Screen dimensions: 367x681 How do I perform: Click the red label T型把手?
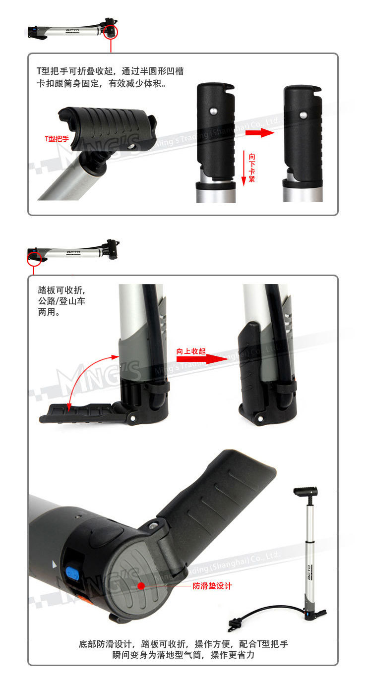pos(57,139)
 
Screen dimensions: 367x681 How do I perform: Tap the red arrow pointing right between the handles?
pos(259,132)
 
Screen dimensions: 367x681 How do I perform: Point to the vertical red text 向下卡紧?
pos(251,168)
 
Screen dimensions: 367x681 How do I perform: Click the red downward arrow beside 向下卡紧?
pos(244,168)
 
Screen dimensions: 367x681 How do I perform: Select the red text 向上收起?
pos(191,351)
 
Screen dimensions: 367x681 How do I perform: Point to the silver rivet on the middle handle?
pos(214,112)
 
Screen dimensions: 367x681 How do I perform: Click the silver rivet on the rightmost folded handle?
pos(303,115)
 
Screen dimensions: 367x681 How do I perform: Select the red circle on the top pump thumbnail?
pos(111,32)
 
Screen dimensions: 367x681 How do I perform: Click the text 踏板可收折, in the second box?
pos(61,290)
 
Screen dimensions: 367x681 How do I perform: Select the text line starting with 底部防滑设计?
pos(183,644)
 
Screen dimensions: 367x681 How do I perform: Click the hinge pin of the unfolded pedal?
pos(133,418)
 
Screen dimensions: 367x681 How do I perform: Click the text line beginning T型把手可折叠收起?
pos(110,71)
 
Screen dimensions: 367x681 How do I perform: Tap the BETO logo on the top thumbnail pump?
pos(72,30)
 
